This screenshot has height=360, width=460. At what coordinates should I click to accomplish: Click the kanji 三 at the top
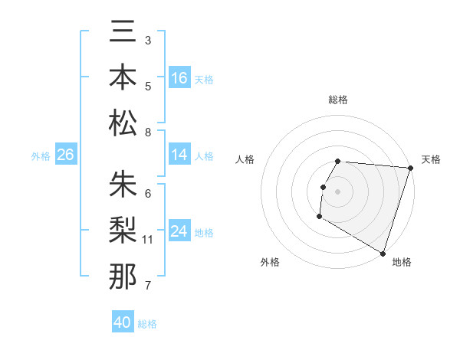(x=123, y=33)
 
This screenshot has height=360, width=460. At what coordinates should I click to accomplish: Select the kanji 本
(x=123, y=77)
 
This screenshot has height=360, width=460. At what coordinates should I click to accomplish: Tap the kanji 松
(x=123, y=123)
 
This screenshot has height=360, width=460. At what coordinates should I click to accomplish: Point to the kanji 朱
(x=123, y=185)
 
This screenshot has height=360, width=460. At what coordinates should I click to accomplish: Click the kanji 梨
(x=123, y=230)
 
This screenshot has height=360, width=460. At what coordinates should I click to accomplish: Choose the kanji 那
(x=123, y=276)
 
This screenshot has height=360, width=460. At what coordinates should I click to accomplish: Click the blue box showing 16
(x=179, y=78)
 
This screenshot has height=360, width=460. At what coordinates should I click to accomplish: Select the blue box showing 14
(x=179, y=155)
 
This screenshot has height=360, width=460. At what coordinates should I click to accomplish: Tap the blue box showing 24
(x=179, y=232)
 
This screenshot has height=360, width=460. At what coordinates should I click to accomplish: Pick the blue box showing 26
(x=65, y=155)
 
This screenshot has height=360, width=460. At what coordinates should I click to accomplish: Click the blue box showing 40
(x=123, y=323)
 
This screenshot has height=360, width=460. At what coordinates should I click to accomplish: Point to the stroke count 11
(x=148, y=240)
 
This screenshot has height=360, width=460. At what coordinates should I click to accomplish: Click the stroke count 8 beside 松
(x=148, y=133)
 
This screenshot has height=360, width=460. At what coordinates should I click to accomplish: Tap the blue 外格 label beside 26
(x=41, y=156)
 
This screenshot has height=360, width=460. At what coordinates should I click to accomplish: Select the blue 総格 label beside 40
(x=147, y=324)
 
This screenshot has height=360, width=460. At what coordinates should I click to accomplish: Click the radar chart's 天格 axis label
(x=431, y=159)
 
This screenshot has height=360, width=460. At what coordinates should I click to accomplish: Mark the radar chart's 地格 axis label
(x=402, y=262)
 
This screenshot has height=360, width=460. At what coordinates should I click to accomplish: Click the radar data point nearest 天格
(x=410, y=168)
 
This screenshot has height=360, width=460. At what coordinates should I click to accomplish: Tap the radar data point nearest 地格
(x=382, y=252)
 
